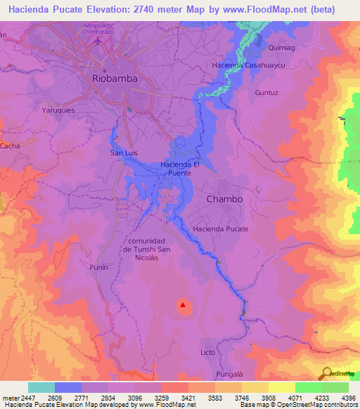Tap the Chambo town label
click(x=224, y=199)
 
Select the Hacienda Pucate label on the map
click(x=221, y=229)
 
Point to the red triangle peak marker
click(x=183, y=305)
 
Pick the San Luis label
click(x=123, y=152)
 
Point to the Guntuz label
click(x=266, y=92)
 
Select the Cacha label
click(x=10, y=145)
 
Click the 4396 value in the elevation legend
click(x=349, y=397)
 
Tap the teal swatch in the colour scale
click(x=41, y=387)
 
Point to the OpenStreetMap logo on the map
click(x=340, y=374)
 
